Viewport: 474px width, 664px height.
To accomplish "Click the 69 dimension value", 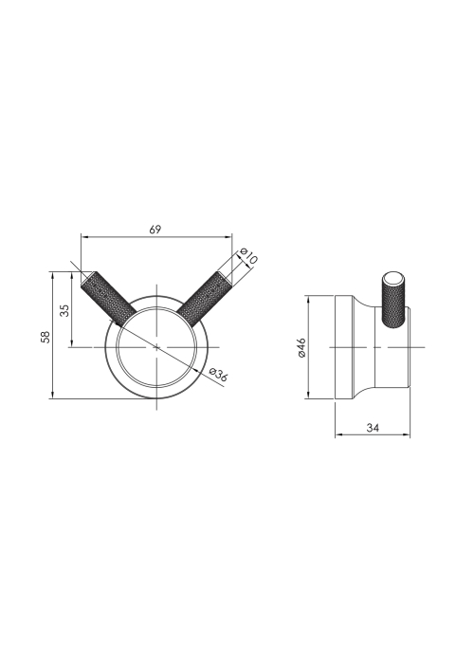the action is (155, 230).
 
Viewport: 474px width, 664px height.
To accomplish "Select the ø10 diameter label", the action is (248, 257).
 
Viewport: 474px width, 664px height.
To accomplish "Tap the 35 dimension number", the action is (64, 310).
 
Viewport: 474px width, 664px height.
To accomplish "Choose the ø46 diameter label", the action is (301, 347).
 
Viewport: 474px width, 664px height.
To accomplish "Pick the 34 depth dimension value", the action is (373, 428).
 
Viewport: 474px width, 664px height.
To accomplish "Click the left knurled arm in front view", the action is (108, 299).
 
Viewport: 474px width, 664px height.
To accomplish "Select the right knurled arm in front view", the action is (205, 300).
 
